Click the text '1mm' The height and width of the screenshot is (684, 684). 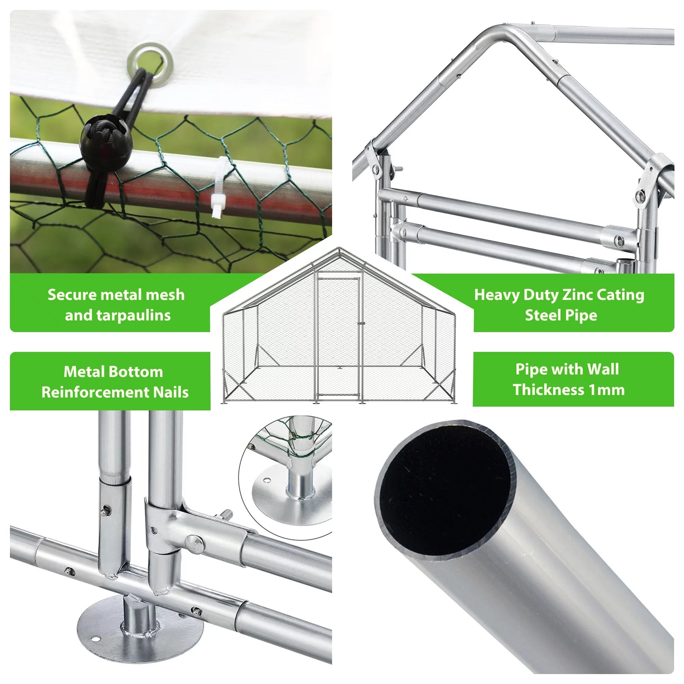[x=607, y=390]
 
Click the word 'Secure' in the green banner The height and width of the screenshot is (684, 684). [x=72, y=295]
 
